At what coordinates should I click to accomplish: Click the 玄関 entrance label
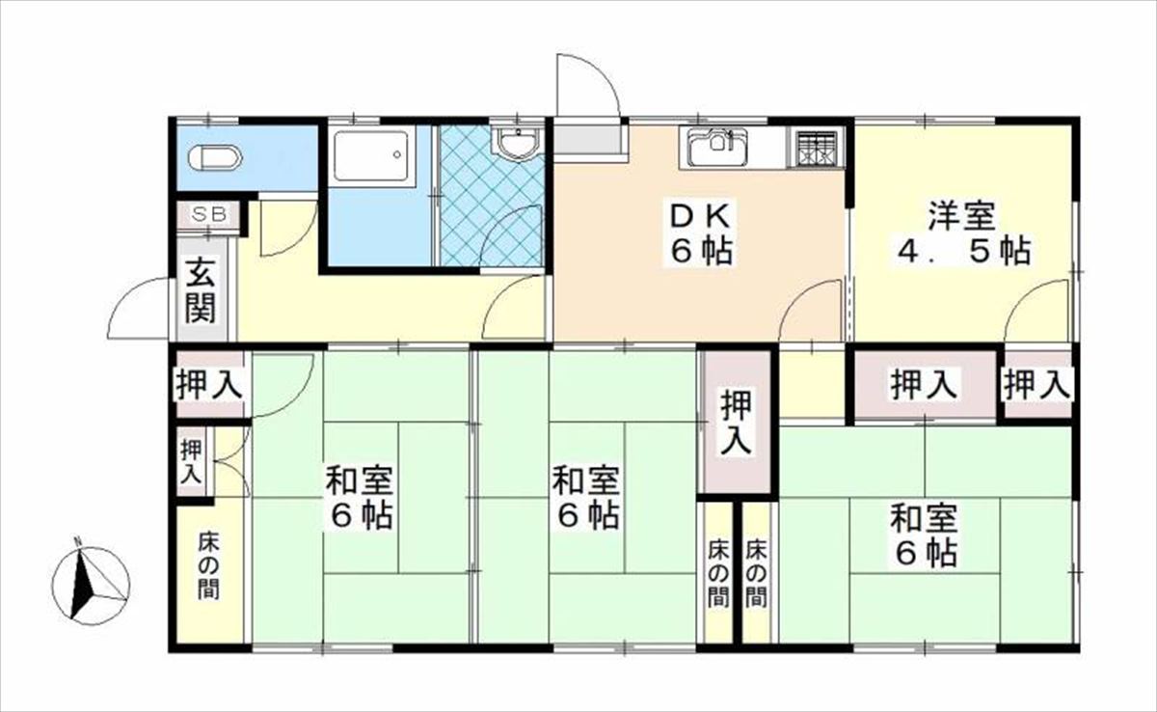pos(201,290)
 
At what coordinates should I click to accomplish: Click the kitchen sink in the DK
pos(717,149)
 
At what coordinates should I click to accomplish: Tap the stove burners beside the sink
pos(815,148)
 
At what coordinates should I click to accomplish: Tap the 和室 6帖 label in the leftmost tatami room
pos(358,498)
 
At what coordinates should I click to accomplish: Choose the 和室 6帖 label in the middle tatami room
pos(585,498)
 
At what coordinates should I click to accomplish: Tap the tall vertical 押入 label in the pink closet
pos(737,424)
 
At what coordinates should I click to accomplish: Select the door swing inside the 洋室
pos(1038,310)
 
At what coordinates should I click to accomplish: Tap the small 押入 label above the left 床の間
pos(192,462)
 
